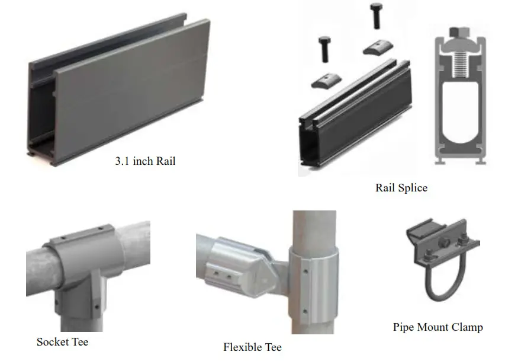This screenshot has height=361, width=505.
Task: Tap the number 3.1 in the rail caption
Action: coord(122,161)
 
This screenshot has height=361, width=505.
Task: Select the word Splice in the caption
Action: coord(413,188)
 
